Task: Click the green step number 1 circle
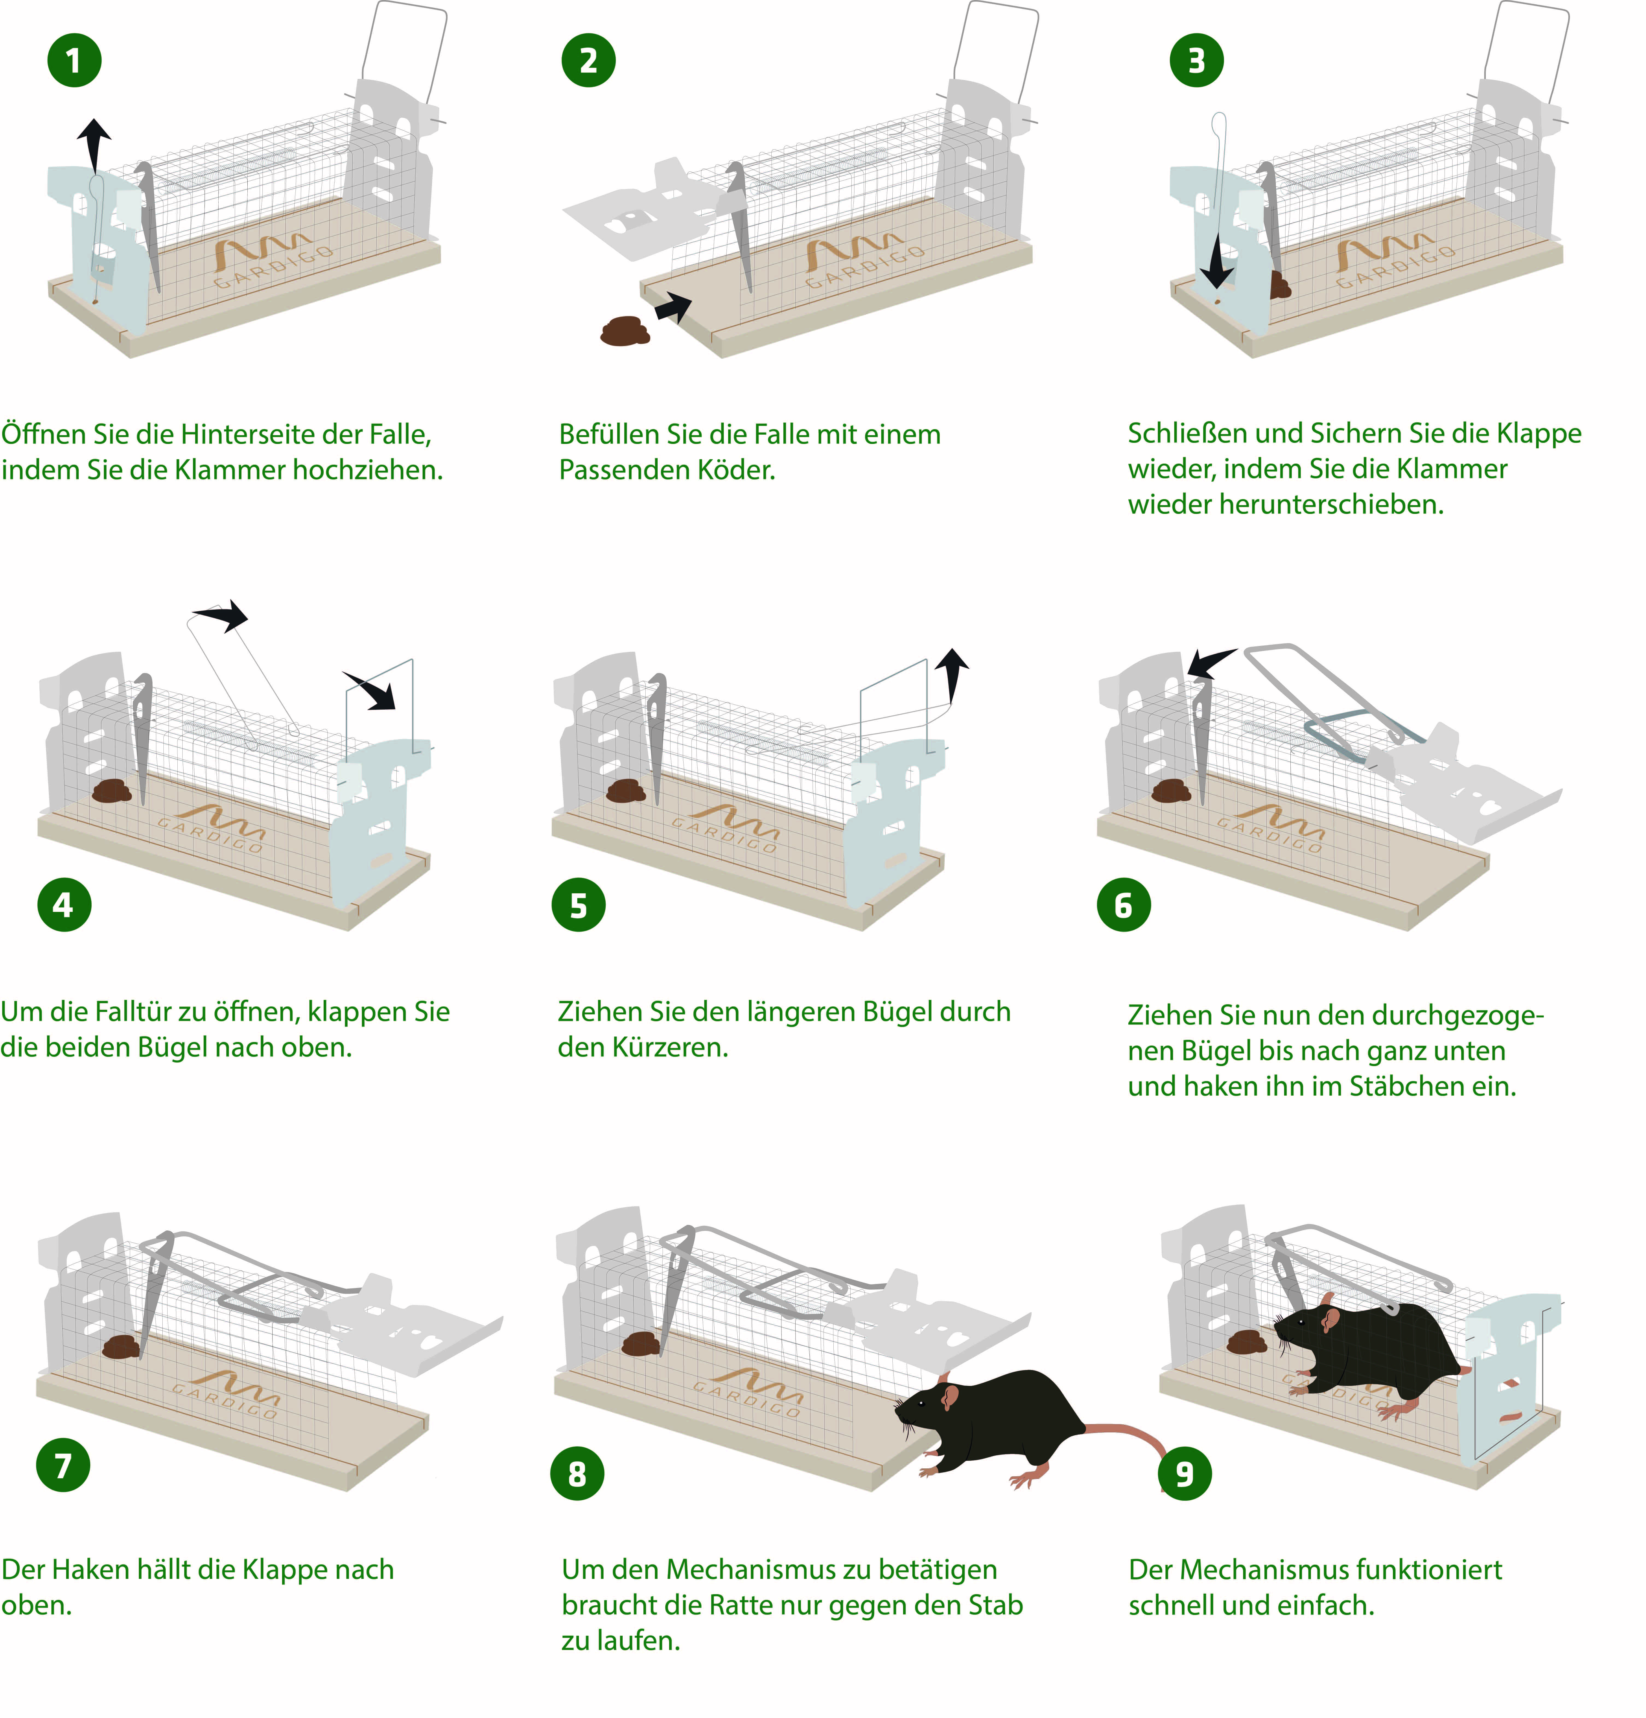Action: (x=75, y=60)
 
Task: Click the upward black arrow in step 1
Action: (x=94, y=147)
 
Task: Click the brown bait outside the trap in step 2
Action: (x=625, y=331)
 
